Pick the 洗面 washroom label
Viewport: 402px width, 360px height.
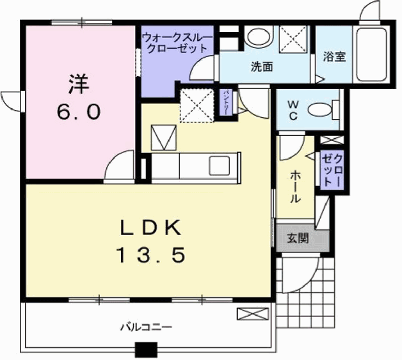click(x=262, y=67)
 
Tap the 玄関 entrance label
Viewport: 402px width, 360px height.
click(x=298, y=237)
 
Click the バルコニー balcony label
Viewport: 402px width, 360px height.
click(x=147, y=326)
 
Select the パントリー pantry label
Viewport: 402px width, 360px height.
click(x=227, y=104)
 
